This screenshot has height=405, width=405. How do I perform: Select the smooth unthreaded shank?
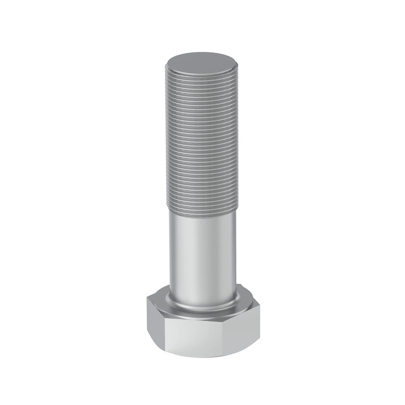pyautogui.click(x=202, y=250)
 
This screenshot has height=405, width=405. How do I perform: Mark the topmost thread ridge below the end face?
pyautogui.click(x=202, y=75)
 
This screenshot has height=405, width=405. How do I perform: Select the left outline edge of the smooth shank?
pyautogui.click(x=169, y=250)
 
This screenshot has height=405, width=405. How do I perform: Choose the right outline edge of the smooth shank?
pyautogui.click(x=236, y=250)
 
